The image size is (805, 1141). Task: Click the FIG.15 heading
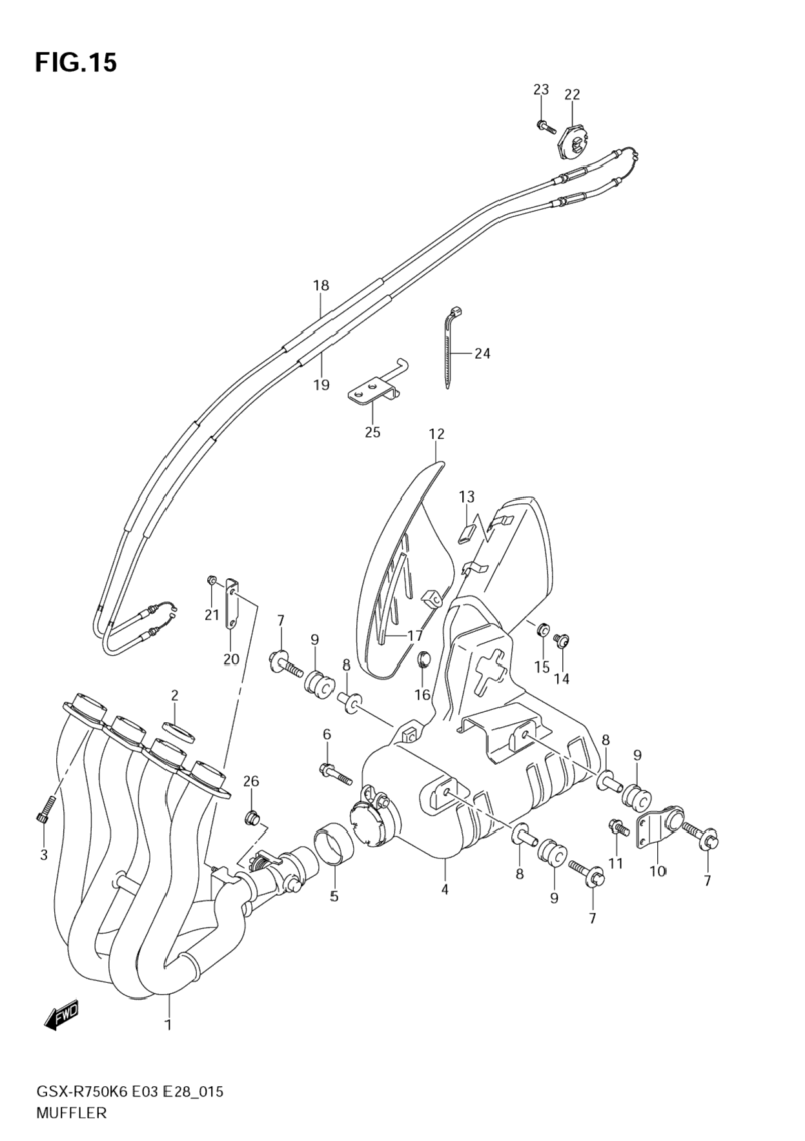[x=76, y=63]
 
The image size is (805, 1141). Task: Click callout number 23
[x=540, y=90]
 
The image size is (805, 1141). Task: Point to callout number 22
[x=572, y=95]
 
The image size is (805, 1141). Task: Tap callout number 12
[x=436, y=434]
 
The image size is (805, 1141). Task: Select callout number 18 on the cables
[x=321, y=285]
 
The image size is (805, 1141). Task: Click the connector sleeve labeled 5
[x=332, y=842]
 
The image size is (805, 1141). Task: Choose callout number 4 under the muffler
[x=444, y=889]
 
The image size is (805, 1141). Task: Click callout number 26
[x=250, y=781]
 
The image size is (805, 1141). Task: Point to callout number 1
[x=168, y=1024]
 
